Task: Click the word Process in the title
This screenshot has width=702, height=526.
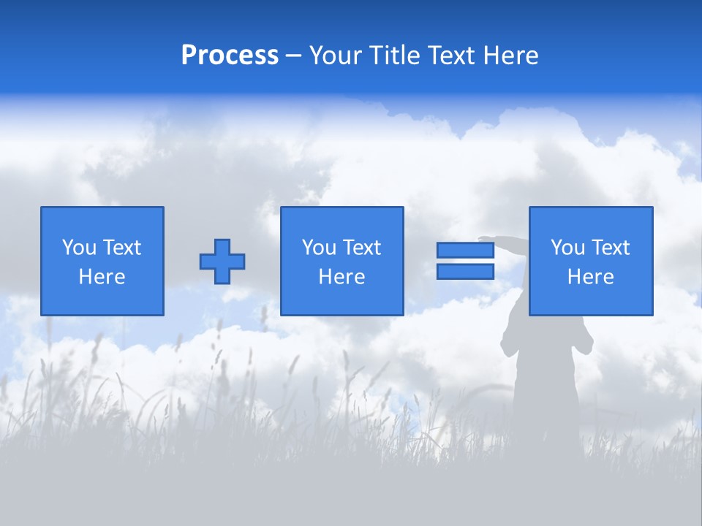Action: (230, 55)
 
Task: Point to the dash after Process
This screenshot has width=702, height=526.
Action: (293, 56)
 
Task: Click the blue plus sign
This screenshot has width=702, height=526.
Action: (222, 262)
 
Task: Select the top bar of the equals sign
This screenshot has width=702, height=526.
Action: (465, 250)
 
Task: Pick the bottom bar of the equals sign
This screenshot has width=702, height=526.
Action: (465, 272)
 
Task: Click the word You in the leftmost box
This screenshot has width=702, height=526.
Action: (79, 248)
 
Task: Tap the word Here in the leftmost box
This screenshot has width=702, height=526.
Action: (102, 277)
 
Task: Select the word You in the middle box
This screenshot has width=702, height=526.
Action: (319, 248)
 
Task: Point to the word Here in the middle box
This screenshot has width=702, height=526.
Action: (341, 277)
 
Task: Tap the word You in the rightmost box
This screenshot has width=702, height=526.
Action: (567, 248)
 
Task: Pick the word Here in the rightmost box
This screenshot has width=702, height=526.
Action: (590, 277)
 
